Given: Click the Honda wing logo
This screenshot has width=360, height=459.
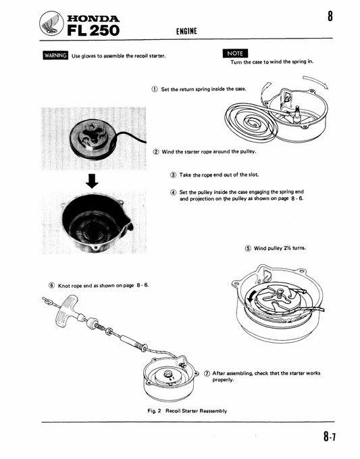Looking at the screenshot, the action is pyautogui.click(x=52, y=24).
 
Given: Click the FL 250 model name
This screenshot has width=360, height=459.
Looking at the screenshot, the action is pyautogui.click(x=93, y=30).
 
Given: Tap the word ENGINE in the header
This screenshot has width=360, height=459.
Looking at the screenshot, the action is pyautogui.click(x=186, y=31).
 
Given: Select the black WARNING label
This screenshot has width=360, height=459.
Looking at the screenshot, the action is pyautogui.click(x=55, y=55).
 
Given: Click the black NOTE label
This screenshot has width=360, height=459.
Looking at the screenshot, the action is pyautogui.click(x=235, y=53).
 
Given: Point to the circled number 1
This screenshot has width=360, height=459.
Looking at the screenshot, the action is pyautogui.click(x=155, y=89).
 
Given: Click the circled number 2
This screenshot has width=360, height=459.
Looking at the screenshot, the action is pyautogui.click(x=156, y=151).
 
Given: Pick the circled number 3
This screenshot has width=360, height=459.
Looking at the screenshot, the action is pyautogui.click(x=173, y=175).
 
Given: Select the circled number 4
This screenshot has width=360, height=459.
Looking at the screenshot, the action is pyautogui.click(x=173, y=193).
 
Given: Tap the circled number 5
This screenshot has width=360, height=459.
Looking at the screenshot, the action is pyautogui.click(x=248, y=248).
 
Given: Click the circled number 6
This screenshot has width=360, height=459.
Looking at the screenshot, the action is pyautogui.click(x=52, y=285).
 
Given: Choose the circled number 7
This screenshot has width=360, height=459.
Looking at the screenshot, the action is pyautogui.click(x=207, y=373).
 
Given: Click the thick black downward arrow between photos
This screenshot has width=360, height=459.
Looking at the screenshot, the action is pyautogui.click(x=92, y=181).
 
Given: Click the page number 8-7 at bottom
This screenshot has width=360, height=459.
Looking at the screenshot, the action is pyautogui.click(x=330, y=436).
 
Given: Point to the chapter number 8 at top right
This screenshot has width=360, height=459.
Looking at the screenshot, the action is pyautogui.click(x=330, y=16).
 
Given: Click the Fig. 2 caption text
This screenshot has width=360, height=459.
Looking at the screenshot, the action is pyautogui.click(x=187, y=411).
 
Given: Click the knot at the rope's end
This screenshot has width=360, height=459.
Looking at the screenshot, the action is pyautogui.click(x=47, y=300).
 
